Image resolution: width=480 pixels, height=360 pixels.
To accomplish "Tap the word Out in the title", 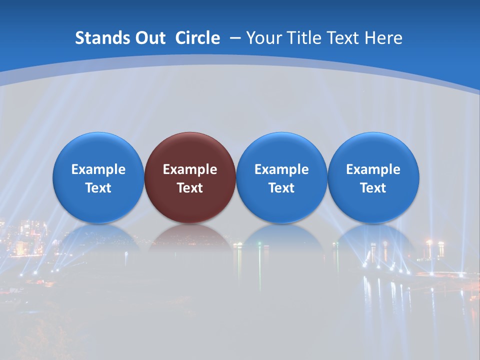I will (x=147, y=38).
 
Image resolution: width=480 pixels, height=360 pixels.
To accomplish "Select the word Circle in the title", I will (x=197, y=38).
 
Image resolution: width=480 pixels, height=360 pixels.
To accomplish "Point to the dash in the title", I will (x=235, y=38).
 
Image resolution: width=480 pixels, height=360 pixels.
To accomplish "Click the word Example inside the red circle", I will (x=190, y=169).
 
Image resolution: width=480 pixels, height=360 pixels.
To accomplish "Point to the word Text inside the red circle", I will (x=190, y=188).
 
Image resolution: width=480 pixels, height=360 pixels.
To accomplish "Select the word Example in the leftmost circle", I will (x=98, y=169).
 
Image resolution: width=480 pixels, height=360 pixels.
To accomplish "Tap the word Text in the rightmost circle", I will (x=373, y=188).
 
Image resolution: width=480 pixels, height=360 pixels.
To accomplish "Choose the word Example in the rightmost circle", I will (x=373, y=169).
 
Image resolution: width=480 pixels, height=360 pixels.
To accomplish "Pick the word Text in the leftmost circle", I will (x=98, y=188).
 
